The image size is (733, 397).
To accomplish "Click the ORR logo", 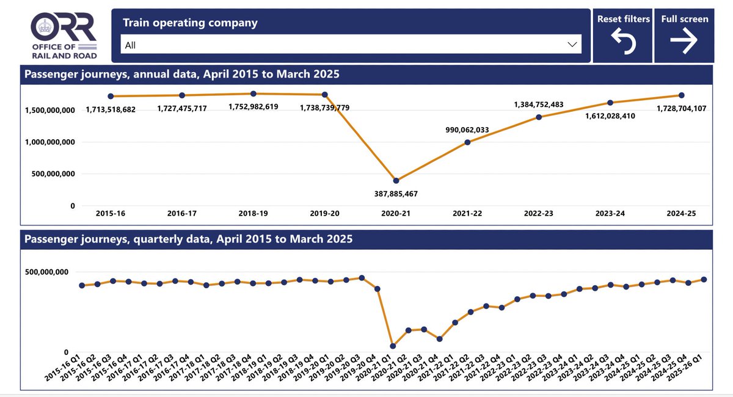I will (64, 35).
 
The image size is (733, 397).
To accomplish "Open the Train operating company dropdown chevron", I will (572, 45).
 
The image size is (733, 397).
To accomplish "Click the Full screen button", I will (685, 35).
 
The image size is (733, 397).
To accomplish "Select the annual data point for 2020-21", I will (396, 181).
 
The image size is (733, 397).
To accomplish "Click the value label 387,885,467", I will (396, 194).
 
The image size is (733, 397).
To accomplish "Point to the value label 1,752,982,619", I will (253, 106).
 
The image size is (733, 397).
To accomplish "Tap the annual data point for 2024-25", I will (681, 95).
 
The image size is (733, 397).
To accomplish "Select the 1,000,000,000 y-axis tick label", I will (49, 142).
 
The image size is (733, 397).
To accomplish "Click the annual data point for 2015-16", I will (111, 96).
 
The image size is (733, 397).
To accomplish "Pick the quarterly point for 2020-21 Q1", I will (393, 346).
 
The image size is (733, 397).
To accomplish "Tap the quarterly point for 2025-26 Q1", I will (704, 279).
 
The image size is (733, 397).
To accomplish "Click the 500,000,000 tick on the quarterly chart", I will (49, 272).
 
